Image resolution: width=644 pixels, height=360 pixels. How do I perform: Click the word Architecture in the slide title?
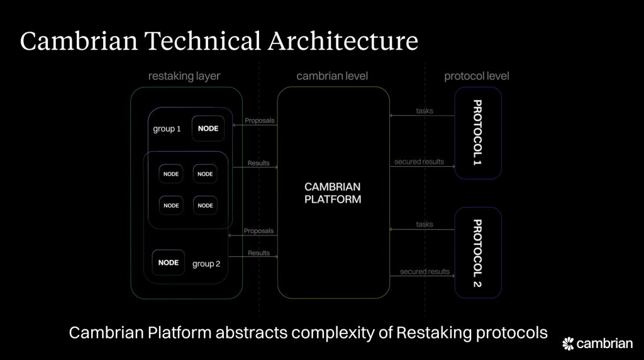pos(343,41)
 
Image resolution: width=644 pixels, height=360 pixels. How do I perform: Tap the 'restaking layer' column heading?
pos(184,76)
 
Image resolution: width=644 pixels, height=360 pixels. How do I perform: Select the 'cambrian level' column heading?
pos(333,76)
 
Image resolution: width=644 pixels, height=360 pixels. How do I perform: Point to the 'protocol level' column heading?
pos(477,76)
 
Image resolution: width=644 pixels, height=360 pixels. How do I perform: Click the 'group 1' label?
pos(167,129)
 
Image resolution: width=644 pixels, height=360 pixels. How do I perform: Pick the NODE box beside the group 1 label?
pos(208,128)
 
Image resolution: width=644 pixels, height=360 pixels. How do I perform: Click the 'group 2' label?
pos(206,264)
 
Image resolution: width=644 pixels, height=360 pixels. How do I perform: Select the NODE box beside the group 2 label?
pos(169,262)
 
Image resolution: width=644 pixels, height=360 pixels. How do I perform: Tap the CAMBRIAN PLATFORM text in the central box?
pos(333,193)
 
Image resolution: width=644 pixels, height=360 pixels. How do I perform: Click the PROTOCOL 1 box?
pos(478,133)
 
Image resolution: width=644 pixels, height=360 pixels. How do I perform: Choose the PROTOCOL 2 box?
pos(478,252)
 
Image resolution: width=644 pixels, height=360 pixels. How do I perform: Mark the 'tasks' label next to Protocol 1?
pos(425,111)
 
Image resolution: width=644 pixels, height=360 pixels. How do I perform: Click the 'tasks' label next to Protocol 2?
pos(425,225)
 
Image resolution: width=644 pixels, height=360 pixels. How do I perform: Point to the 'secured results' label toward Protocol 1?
pos(419,162)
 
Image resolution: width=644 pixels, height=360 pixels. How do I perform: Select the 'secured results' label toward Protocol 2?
pos(425,272)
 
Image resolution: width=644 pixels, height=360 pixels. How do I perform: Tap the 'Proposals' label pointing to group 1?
pos(259,120)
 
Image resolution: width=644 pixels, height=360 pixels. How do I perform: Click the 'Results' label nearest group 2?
pos(258,253)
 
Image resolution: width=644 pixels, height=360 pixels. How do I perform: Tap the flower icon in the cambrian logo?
pos(568,344)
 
